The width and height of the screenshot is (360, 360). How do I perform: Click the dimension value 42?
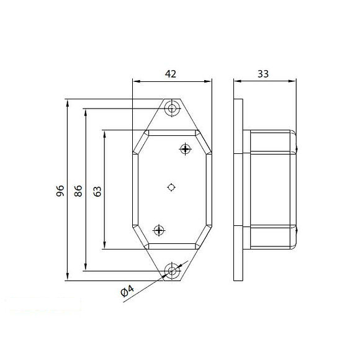pos(171,73)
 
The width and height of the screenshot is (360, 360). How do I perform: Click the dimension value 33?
pos(263,73)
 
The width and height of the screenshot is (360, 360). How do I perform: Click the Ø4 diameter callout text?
pos(127,291)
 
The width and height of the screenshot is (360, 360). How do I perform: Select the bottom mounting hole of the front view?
pos(173,271)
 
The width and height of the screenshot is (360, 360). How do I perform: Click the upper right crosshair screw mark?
pos(184,148)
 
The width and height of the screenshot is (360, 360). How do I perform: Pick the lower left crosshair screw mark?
pos(160,230)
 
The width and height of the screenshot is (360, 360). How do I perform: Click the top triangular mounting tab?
pos(173,115)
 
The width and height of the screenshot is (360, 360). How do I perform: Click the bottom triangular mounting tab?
pos(173,266)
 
